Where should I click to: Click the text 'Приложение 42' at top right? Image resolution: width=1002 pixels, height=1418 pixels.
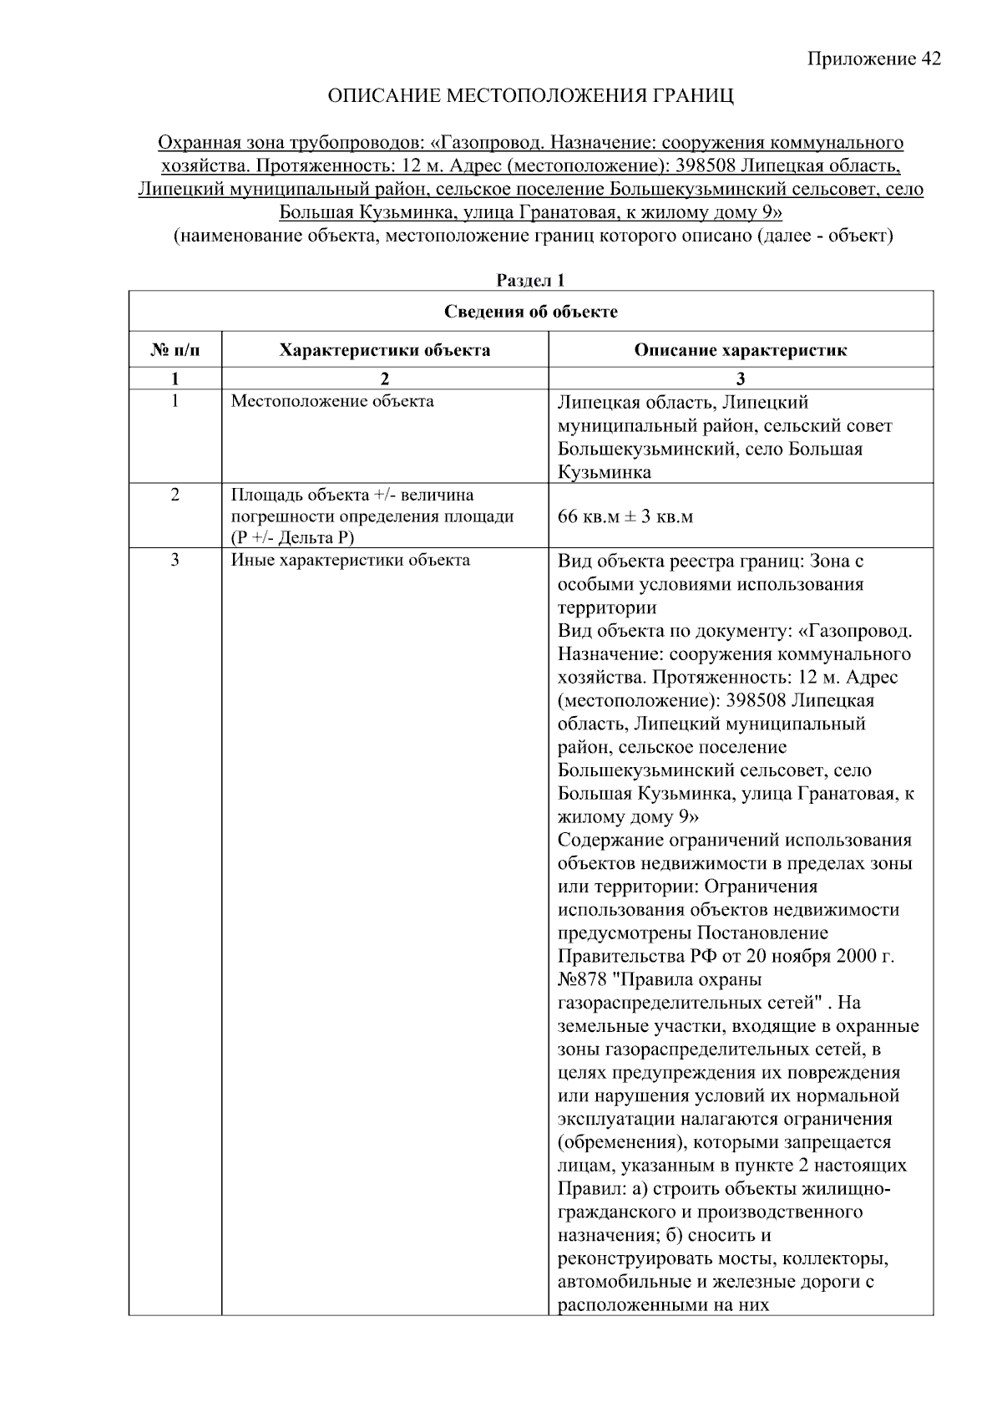coord(873,58)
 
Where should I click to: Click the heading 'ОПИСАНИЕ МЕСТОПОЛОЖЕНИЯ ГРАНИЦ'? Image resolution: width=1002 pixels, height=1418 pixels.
coord(530,96)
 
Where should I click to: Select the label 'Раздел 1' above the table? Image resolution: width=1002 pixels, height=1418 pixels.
coord(530,281)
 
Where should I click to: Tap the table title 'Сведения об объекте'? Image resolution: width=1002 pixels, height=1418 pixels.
coord(530,312)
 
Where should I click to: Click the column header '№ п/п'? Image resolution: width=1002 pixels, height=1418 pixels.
coord(175,350)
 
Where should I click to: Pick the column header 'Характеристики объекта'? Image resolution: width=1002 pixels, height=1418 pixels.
coord(384,350)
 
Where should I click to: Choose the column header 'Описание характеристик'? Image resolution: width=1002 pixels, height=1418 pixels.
coord(740,350)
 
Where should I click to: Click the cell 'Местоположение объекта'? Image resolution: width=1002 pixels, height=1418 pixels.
coord(332,401)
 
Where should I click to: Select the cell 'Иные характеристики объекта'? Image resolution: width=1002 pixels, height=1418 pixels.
coord(350,560)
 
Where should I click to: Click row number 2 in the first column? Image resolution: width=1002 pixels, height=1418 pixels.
coord(175,495)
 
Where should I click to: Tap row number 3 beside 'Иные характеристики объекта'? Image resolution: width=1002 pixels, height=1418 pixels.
coord(175,560)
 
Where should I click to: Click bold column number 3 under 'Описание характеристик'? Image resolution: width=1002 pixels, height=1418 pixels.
coord(740,379)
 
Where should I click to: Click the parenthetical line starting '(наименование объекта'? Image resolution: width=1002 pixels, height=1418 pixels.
coord(533,236)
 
